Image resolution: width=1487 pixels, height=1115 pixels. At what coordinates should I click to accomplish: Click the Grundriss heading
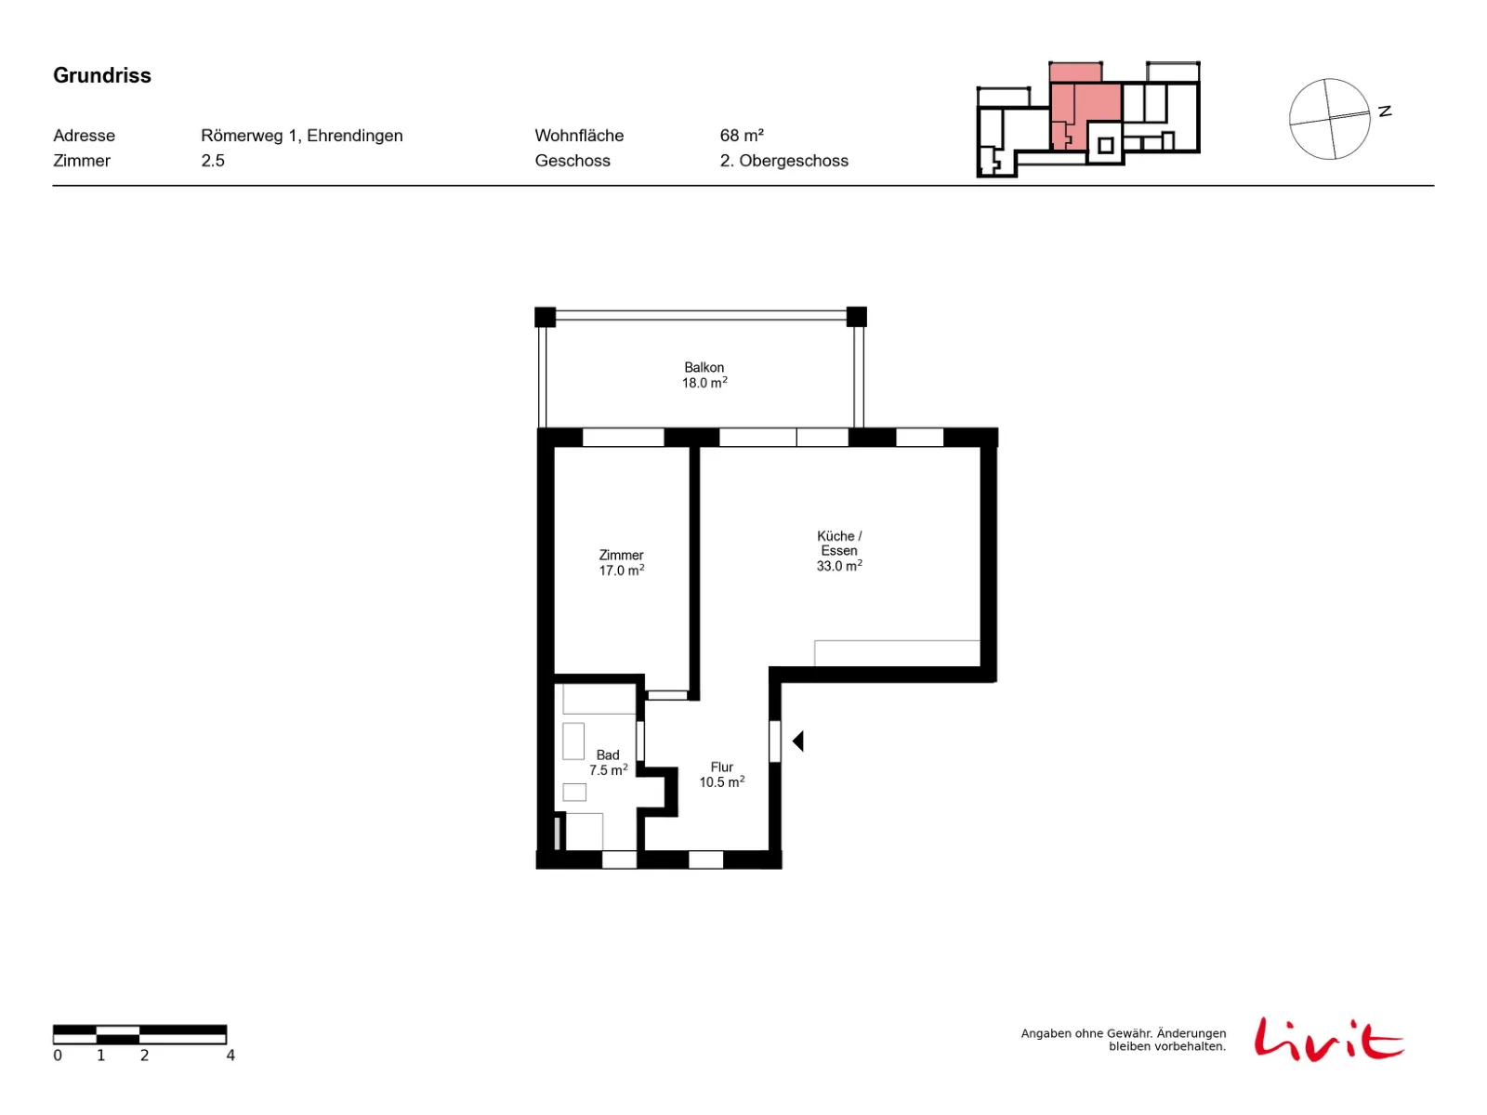[x=101, y=75]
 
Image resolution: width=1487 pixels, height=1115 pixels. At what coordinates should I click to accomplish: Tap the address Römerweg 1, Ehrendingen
[x=301, y=136]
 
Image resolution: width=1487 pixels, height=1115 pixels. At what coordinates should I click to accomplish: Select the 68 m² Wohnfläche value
[x=741, y=136]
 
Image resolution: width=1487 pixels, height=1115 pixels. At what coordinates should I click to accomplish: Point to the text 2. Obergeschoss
[x=783, y=161]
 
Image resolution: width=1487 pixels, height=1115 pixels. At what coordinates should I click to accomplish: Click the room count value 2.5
[x=212, y=161]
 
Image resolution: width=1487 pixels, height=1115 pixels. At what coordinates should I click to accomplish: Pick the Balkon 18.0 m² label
[x=704, y=375]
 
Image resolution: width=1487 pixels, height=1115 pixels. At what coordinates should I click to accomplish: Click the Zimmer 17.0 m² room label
[x=621, y=562]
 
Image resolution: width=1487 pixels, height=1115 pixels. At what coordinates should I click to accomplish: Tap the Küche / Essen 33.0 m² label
[x=838, y=550]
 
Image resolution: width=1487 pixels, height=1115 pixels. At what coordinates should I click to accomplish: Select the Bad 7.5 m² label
[x=608, y=762]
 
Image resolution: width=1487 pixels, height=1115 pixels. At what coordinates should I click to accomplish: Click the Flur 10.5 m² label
[x=721, y=775]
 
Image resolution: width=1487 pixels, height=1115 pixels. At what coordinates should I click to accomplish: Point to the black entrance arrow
[x=798, y=741]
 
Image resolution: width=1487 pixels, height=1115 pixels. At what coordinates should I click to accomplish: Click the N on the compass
[x=1385, y=111]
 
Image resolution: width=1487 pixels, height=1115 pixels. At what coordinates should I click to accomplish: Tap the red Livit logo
[x=1328, y=1039]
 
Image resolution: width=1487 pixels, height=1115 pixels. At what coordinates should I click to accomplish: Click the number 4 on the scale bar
[x=230, y=1056]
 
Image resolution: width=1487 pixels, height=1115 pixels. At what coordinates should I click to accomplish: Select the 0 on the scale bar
[x=58, y=1056]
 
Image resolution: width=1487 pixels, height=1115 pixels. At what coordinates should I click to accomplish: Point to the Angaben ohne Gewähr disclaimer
[x=1124, y=1040]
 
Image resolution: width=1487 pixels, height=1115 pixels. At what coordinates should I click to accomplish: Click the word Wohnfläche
[x=579, y=136]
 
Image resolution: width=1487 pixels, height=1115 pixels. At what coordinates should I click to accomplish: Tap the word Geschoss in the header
[x=572, y=161]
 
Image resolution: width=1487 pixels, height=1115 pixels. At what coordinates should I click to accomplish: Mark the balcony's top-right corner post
[x=856, y=317]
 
